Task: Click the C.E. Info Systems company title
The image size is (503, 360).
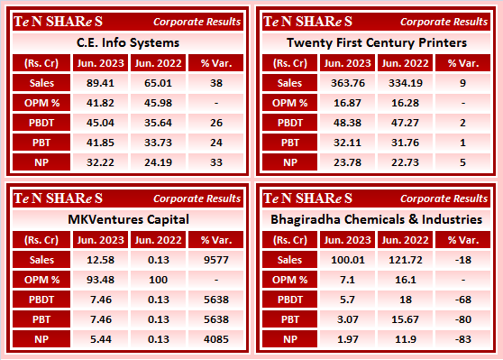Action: pyautogui.click(x=126, y=42)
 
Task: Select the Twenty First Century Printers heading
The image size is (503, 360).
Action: pyautogui.click(x=376, y=42)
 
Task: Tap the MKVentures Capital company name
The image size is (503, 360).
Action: pyautogui.click(x=126, y=218)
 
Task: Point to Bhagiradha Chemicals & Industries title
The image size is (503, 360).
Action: pyautogui.click(x=376, y=218)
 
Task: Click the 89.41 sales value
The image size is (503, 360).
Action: pyautogui.click(x=102, y=82)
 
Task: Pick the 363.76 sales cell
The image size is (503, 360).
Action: pyautogui.click(x=348, y=82)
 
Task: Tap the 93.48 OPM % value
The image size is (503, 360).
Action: pyautogui.click(x=102, y=280)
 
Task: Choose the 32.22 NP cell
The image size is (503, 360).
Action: pyautogui.click(x=102, y=162)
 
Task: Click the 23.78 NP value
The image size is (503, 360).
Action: pyautogui.click(x=348, y=162)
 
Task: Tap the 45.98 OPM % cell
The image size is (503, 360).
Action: pyautogui.click(x=157, y=102)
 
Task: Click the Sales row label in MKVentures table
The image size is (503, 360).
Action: pyautogui.click(x=41, y=260)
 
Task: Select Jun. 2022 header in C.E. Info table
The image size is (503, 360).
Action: pyautogui.click(x=157, y=62)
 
